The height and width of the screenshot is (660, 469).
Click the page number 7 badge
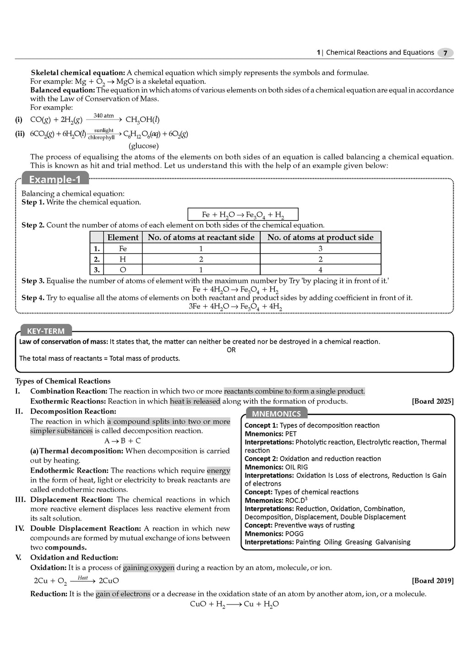click(x=445, y=53)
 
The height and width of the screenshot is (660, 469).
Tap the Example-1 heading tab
click(x=55, y=179)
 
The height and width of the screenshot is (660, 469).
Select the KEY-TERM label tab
click(x=46, y=331)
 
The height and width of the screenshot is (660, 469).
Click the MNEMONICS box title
click(x=276, y=414)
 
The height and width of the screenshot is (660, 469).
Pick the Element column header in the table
click(x=123, y=237)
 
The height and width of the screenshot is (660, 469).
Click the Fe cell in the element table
click(x=123, y=248)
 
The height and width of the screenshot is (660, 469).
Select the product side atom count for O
click(x=320, y=270)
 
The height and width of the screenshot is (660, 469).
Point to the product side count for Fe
click(x=320, y=248)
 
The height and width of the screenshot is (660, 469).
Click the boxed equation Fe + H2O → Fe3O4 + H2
click(x=243, y=214)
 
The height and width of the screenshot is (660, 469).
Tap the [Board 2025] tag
click(x=433, y=401)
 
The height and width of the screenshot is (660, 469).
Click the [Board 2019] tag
click(x=433, y=581)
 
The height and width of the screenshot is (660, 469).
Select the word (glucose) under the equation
click(x=143, y=146)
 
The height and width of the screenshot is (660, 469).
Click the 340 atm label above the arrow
click(x=104, y=115)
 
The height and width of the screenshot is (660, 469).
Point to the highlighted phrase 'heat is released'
click(x=195, y=401)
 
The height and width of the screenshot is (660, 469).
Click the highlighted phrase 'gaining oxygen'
click(x=148, y=567)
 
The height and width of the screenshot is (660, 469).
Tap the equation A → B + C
click(x=122, y=441)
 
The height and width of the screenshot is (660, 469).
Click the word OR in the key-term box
click(x=231, y=350)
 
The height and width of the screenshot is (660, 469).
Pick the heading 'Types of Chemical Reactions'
click(x=63, y=381)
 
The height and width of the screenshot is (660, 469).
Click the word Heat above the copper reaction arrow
click(x=83, y=577)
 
